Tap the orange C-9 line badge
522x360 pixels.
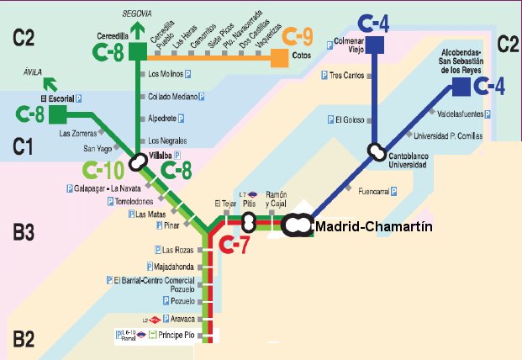pos(298,37)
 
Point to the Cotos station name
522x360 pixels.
pos(302,57)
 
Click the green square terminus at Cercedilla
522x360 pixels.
pos(137,53)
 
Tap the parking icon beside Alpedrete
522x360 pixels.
pos(181,119)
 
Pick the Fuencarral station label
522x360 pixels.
pos(374,192)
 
